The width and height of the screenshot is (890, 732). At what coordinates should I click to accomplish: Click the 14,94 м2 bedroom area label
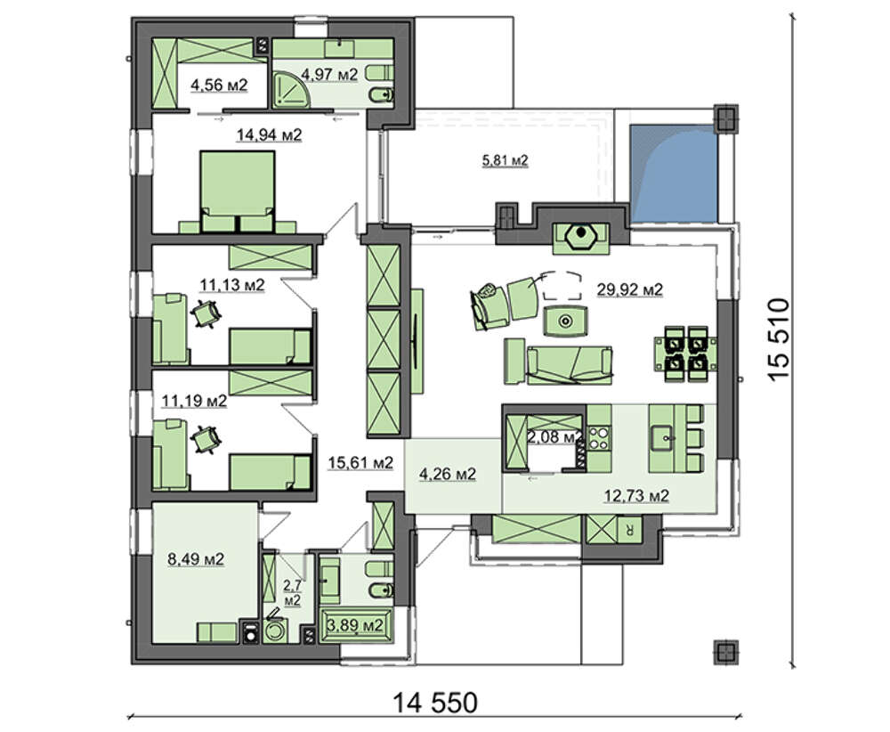(x=269, y=135)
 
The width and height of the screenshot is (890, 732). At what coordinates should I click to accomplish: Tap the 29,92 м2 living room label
(x=629, y=290)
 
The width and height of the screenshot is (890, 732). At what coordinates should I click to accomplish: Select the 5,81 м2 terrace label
(x=505, y=160)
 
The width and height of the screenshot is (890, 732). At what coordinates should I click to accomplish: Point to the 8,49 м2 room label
(x=196, y=559)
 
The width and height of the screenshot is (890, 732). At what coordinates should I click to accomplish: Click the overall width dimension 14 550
(x=435, y=703)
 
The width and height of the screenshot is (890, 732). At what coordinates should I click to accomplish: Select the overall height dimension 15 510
(x=778, y=339)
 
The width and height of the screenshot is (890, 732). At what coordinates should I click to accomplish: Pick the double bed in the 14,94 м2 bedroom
(x=238, y=191)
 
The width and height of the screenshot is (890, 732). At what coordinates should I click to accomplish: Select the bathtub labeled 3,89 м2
(x=357, y=625)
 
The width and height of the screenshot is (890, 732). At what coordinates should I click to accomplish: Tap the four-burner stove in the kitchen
(x=598, y=438)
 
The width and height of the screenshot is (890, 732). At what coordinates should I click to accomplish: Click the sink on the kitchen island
(x=667, y=438)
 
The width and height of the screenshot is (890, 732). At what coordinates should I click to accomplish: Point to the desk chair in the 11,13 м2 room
(x=205, y=313)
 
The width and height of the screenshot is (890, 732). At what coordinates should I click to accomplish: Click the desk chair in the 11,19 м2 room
(x=205, y=440)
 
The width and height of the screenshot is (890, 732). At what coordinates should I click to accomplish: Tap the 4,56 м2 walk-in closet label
(x=219, y=85)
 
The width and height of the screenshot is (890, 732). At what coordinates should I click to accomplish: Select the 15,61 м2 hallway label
(x=360, y=463)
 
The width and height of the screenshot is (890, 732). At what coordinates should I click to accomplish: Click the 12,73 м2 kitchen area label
(x=635, y=496)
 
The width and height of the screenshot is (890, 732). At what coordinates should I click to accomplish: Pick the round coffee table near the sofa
(x=565, y=321)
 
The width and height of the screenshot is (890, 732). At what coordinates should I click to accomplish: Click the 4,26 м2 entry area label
(x=448, y=474)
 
